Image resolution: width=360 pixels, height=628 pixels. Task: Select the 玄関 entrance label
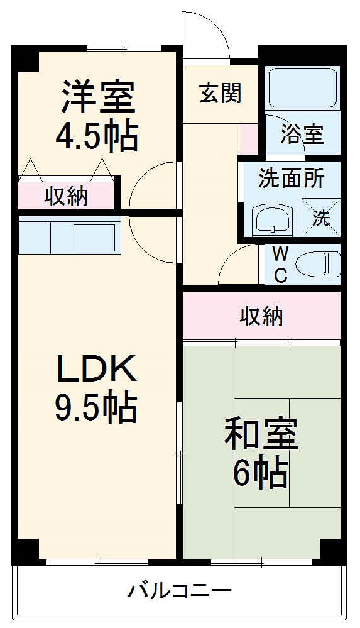coord(221,94)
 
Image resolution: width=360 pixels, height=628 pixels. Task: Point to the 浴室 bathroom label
coord(302,134)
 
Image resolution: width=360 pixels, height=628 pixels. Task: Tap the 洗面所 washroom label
coord(292,179)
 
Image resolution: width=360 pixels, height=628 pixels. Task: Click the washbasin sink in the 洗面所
coord(272,220)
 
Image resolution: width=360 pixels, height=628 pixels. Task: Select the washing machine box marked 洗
coord(321,217)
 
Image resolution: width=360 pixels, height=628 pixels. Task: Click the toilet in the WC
coord(319,264)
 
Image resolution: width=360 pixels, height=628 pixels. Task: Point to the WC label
coord(281,265)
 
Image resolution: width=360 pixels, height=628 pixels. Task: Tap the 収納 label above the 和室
coord(261,316)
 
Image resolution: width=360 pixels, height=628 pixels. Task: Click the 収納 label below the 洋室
coord(66,197)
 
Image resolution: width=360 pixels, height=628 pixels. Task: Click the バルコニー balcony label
coord(180,591)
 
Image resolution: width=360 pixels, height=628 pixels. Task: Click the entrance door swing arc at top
coord(204,35)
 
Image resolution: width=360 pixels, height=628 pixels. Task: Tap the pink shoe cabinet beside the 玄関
coord(249,139)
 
